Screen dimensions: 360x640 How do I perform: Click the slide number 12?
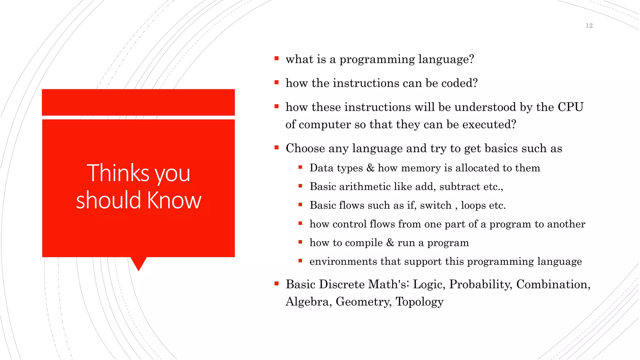pos(589,26)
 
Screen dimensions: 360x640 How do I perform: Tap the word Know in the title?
pos(174,200)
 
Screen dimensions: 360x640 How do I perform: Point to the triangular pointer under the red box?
pos(138,263)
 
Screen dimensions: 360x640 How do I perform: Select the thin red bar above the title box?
pos(138,102)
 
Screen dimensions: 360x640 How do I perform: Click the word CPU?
pos(570,107)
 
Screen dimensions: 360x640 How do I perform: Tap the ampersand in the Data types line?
pos(370,168)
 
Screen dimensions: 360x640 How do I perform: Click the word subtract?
pos(459,187)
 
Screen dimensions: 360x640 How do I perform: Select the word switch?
pos(436,205)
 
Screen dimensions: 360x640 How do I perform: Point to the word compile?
pos(364,243)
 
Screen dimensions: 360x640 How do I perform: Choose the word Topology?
pos(419,302)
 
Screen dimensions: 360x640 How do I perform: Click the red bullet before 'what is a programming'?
pos(276,58)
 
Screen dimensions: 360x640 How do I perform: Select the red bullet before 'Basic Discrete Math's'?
pos(276,284)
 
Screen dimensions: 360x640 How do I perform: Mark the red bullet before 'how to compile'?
pos(300,242)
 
